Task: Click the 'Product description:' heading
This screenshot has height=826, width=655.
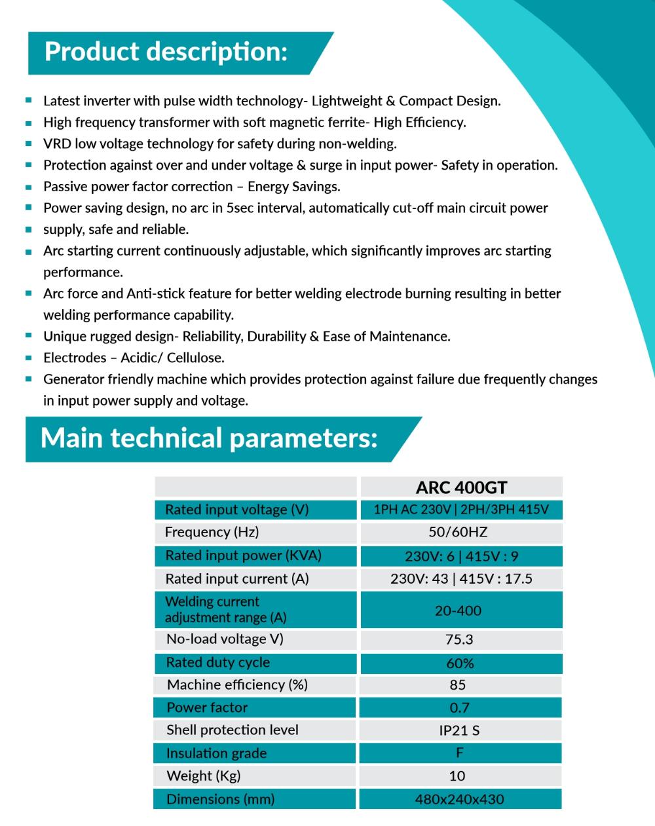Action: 166,52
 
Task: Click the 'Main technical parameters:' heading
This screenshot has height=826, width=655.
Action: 209,438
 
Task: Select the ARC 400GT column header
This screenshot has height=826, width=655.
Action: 461,487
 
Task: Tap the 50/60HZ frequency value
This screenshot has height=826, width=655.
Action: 458,532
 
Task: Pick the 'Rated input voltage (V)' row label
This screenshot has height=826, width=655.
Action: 236,510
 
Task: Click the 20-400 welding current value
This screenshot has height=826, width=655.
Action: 458,610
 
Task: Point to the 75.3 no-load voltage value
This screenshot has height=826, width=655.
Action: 458,639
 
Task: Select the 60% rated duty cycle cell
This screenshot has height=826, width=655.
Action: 460,664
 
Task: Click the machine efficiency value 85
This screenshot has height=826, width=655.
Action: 458,685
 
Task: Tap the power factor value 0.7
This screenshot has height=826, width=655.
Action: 459,707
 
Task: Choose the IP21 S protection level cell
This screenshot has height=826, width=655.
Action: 459,730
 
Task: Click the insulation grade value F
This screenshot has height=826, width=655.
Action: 459,753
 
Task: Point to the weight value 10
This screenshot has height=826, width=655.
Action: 457,776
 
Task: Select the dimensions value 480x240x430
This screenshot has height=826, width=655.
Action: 459,799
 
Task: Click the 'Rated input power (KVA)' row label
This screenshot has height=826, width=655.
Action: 243,555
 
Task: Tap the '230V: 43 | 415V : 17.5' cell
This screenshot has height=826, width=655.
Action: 461,579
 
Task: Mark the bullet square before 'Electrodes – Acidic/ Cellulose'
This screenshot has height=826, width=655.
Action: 29,358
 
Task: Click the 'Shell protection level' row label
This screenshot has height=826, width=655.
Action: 232,730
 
